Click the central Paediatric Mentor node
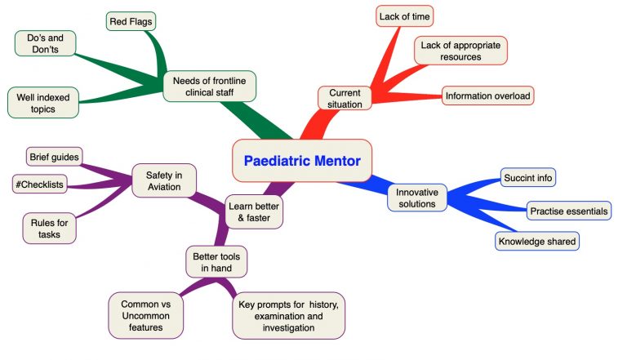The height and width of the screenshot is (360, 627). point(302,161)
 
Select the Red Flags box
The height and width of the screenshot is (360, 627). point(131,20)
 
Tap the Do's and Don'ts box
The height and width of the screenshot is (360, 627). point(45,43)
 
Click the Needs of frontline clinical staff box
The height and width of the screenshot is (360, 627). point(209,86)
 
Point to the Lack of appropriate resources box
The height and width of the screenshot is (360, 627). point(461,51)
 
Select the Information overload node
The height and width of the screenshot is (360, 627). point(487,96)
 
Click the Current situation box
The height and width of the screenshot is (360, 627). point(345,98)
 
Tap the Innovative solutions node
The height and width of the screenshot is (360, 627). point(417,198)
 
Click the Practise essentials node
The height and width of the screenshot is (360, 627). point(568,211)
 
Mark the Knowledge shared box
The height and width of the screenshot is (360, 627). point(537,241)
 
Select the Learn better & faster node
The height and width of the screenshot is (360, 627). point(255,213)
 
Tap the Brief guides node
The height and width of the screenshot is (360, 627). point(55,156)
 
